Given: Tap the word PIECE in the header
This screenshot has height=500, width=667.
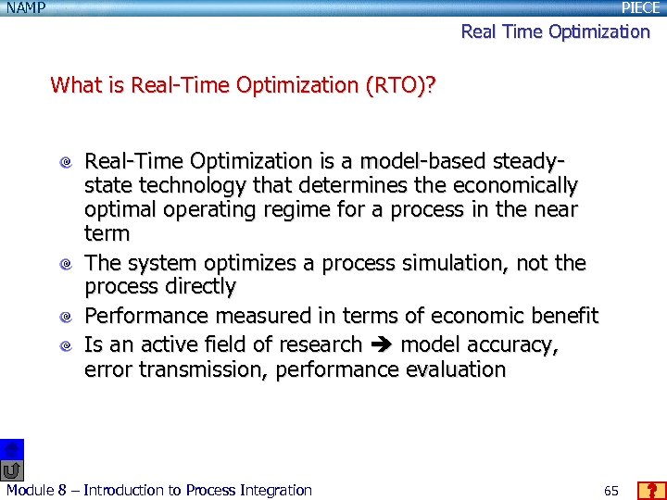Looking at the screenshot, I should click(641, 8).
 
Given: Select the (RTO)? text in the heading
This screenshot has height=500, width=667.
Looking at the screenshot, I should click(403, 86).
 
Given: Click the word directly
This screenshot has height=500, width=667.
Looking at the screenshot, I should click(195, 287).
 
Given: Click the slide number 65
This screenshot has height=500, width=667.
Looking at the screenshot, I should click(610, 490).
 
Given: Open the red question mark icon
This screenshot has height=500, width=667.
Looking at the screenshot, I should click(652, 490).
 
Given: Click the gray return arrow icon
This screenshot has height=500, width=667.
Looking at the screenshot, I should click(11, 470).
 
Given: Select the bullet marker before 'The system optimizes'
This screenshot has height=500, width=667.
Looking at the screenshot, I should click(66, 265).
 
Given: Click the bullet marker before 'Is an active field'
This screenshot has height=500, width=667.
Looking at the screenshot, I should click(66, 346).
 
